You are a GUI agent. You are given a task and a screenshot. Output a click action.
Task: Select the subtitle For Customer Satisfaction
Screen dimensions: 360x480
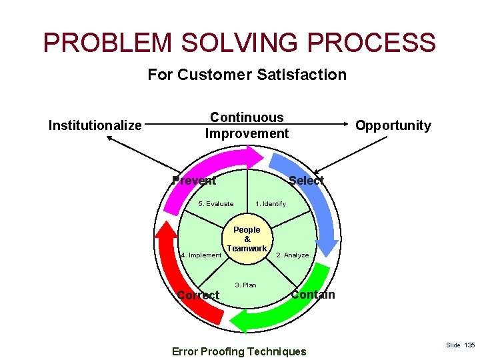click(x=247, y=75)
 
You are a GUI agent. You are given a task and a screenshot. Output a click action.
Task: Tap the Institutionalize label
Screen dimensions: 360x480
click(x=95, y=125)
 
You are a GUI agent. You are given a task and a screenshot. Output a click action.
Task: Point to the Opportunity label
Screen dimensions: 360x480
click(x=393, y=125)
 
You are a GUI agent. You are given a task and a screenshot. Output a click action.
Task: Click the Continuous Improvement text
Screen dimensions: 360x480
click(x=247, y=125)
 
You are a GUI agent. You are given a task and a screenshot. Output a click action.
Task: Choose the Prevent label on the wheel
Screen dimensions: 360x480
click(x=193, y=181)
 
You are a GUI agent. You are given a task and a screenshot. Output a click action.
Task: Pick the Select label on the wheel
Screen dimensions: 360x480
click(x=306, y=181)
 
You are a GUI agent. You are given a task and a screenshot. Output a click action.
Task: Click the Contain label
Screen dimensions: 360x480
click(x=313, y=295)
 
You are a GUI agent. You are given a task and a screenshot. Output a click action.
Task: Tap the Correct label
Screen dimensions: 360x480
click(x=198, y=295)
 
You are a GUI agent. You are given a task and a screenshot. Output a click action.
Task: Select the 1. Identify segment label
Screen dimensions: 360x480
click(x=270, y=204)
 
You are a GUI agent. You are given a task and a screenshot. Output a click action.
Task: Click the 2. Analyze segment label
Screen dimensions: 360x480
click(x=292, y=255)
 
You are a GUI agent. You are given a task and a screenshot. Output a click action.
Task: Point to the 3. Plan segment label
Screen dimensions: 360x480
click(x=245, y=285)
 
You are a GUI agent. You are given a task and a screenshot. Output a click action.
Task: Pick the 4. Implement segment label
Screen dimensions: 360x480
click(x=201, y=255)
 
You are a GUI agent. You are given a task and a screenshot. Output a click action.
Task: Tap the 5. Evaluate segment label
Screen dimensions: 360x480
click(x=216, y=204)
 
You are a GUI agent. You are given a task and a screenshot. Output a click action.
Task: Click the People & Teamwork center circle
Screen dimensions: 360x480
click(x=247, y=239)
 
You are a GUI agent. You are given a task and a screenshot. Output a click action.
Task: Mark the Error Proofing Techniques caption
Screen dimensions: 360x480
click(x=239, y=351)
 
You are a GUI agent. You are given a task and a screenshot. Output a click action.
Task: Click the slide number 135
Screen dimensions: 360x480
click(x=461, y=345)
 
